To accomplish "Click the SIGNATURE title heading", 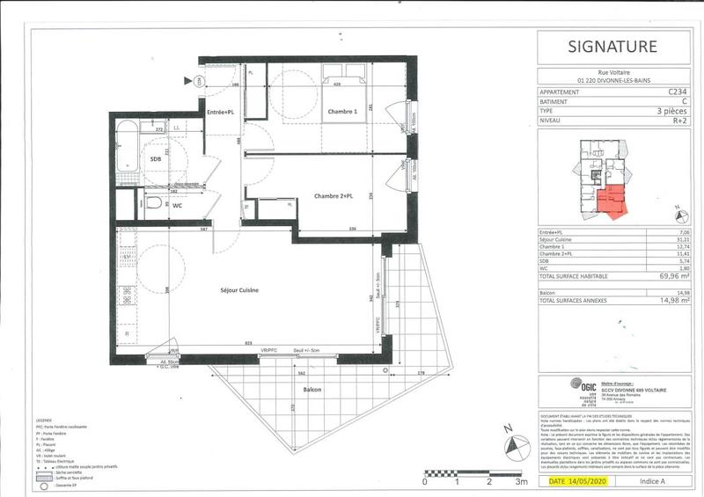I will tap(612, 47).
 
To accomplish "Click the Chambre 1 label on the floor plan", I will tap(318, 112).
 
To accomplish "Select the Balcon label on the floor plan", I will tap(311, 390).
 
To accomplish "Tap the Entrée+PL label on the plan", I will tap(220, 113).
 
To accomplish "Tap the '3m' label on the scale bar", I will tap(521, 482).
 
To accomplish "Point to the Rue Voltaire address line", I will tap(611, 74).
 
